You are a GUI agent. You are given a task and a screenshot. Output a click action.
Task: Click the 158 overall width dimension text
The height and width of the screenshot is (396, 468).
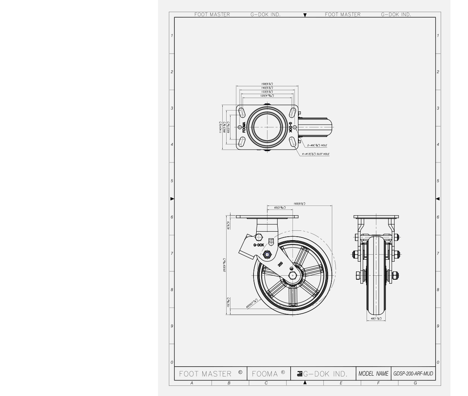tap(267, 84)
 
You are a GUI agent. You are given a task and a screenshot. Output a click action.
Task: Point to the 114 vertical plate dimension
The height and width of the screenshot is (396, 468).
tap(221, 127)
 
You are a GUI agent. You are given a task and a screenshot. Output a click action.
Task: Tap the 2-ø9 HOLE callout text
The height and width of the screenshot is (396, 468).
tap(317, 145)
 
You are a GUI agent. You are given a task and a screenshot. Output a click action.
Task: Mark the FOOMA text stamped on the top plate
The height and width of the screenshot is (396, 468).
tap(244, 127)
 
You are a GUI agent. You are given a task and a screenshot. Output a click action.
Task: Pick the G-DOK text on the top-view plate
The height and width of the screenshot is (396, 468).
tap(290, 127)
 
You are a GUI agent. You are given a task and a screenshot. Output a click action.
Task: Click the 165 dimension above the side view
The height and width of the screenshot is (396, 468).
tap(299, 203)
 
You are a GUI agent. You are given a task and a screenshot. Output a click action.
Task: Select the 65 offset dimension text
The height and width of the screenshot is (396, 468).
tap(279, 207)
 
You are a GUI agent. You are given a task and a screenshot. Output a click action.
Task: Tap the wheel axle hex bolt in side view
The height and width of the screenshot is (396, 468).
tap(292, 275)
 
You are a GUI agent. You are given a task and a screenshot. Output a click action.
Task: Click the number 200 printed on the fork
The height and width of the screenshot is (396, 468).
tap(280, 264)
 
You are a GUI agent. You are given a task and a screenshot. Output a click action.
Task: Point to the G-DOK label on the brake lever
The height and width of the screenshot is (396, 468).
tap(259, 245)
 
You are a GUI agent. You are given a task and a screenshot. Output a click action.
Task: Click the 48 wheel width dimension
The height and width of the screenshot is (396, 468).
tap(377, 319)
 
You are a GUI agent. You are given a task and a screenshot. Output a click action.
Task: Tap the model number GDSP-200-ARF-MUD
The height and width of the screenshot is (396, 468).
tap(413, 373)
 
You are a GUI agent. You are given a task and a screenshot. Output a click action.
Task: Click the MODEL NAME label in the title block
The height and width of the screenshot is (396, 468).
tap(373, 373)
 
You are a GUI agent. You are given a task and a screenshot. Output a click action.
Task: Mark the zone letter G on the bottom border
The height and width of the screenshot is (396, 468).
tap(415, 383)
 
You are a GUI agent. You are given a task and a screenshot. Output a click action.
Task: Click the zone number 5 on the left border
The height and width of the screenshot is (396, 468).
tap(171, 181)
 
